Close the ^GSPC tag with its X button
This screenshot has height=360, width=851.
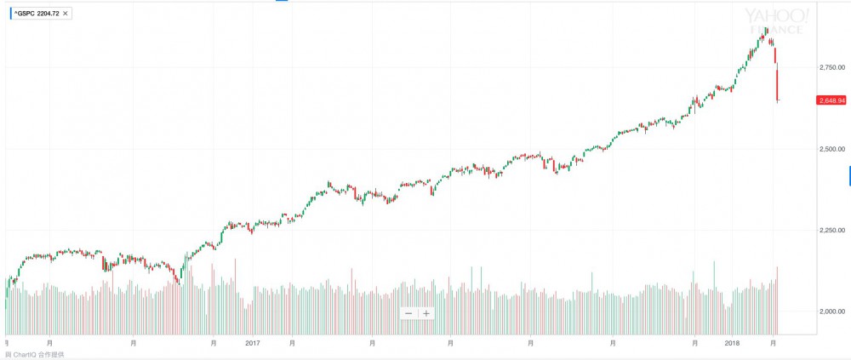(x=66, y=14)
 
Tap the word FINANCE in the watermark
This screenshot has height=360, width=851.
(x=775, y=31)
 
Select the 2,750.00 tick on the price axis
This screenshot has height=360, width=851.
(x=831, y=67)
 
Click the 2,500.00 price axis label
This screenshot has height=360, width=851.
(x=831, y=149)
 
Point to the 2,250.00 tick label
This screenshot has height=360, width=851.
(x=831, y=230)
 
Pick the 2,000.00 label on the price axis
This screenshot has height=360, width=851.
(x=831, y=311)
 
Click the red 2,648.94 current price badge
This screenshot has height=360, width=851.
(x=831, y=100)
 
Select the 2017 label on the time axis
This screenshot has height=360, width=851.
(x=252, y=343)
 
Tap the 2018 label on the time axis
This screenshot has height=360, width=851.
(x=731, y=343)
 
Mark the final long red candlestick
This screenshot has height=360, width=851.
(x=777, y=85)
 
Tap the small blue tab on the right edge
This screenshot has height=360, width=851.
(x=849, y=176)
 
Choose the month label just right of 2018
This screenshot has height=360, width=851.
(x=772, y=343)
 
